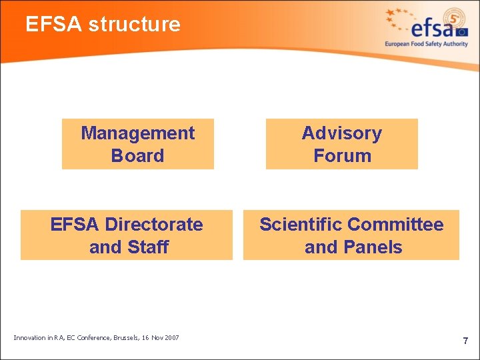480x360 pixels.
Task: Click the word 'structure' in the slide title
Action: pos(134,25)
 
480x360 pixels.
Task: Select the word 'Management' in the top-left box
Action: pos(138,133)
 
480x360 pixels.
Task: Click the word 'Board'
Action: pos(138,156)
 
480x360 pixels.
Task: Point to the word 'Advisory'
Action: pos(342,133)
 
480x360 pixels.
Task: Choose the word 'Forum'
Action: pos(342,156)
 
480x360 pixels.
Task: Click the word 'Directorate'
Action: pos(154,225)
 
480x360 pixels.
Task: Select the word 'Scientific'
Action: pos(301,225)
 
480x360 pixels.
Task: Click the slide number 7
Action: pos(465,341)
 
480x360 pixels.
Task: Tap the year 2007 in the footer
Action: pos(170,338)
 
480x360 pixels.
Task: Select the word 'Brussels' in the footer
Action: pos(123,338)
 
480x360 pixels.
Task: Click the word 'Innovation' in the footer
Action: pos(29,338)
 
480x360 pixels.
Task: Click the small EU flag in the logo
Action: pos(462,31)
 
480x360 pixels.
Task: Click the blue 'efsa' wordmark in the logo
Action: pos(433,29)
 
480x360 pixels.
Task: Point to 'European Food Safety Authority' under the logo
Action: pos(426,44)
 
